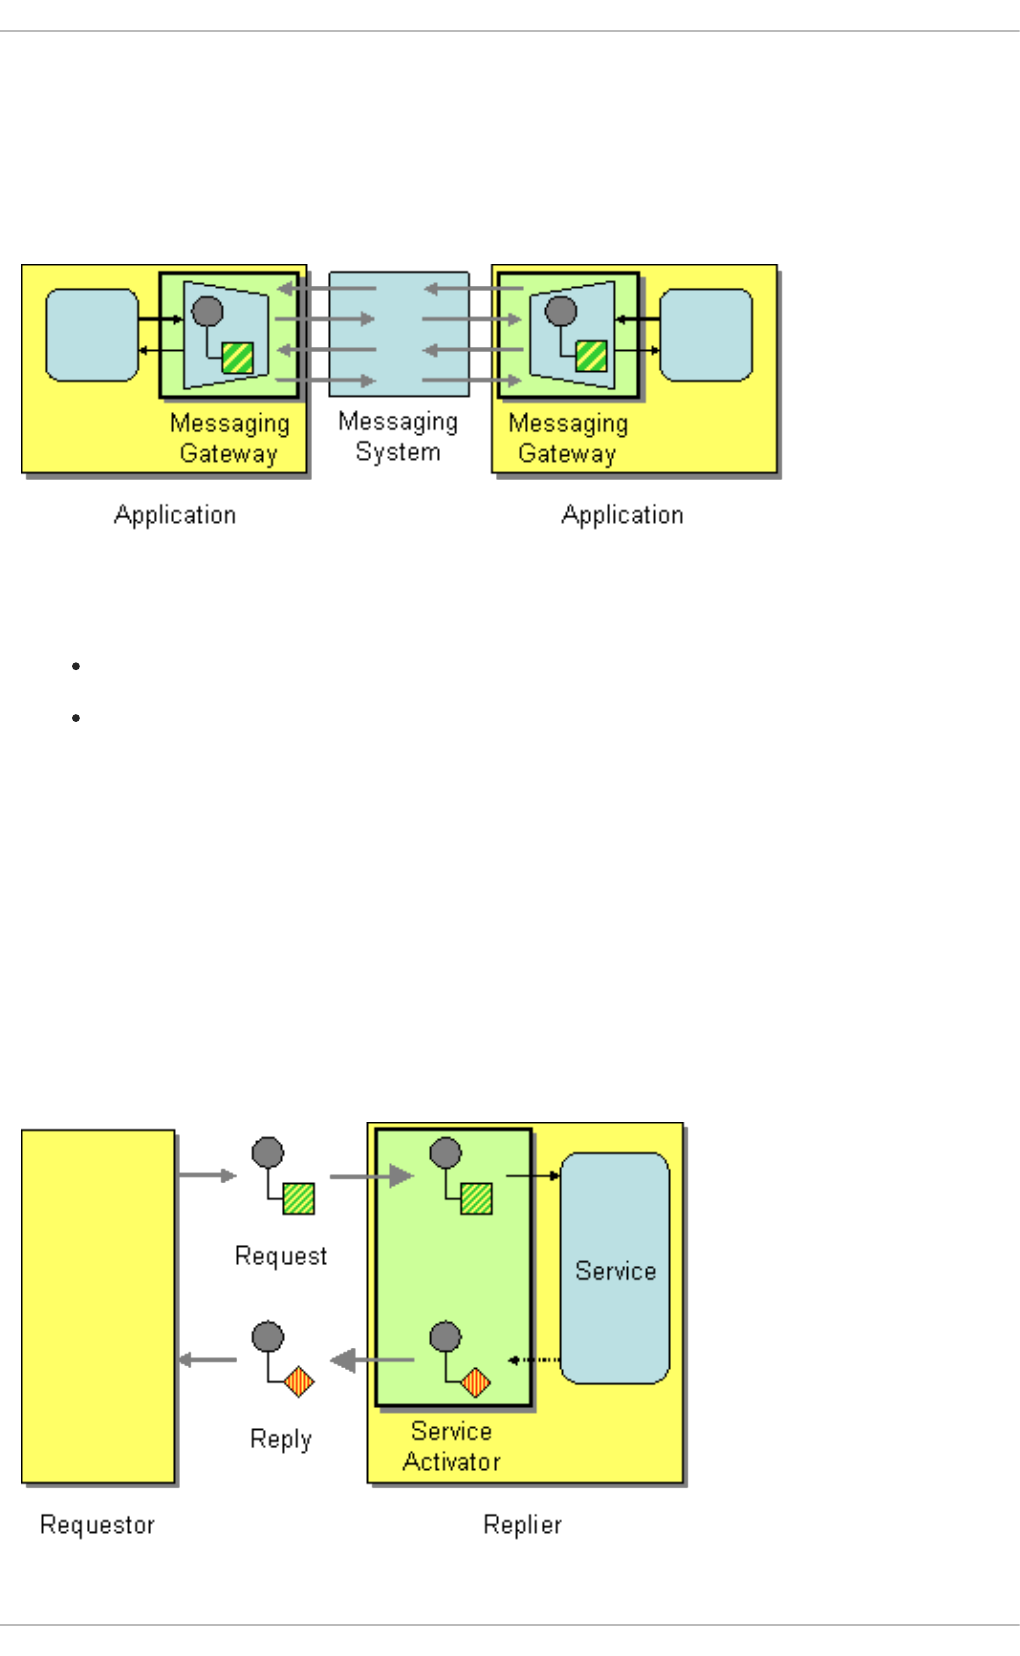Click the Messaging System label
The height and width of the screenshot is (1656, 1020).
point(398,437)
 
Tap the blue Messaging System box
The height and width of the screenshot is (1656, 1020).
point(399,334)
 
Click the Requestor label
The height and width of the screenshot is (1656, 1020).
point(97,1525)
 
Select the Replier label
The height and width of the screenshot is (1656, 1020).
point(522,1525)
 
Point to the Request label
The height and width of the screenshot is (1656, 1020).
point(281,1256)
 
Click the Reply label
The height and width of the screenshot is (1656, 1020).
point(281,1439)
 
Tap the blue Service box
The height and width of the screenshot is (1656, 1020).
point(615,1268)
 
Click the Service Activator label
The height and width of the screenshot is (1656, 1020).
point(452,1446)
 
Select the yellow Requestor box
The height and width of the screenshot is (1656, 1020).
point(98,1306)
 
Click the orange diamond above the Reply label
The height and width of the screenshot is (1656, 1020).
point(299,1382)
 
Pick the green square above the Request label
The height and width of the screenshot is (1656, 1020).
point(299,1198)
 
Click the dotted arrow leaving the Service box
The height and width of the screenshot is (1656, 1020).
point(534,1360)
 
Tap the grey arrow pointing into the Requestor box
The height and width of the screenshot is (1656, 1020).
point(208,1360)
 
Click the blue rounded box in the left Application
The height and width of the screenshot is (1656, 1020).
point(92,335)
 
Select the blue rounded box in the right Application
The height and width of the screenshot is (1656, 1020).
point(706,335)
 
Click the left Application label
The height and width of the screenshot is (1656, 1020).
point(175,515)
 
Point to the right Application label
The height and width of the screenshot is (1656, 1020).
point(622,515)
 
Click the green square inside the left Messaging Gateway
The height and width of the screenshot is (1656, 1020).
point(238,358)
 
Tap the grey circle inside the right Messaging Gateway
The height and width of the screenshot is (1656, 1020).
point(561,312)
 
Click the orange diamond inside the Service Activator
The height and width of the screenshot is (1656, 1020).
point(476,1382)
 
